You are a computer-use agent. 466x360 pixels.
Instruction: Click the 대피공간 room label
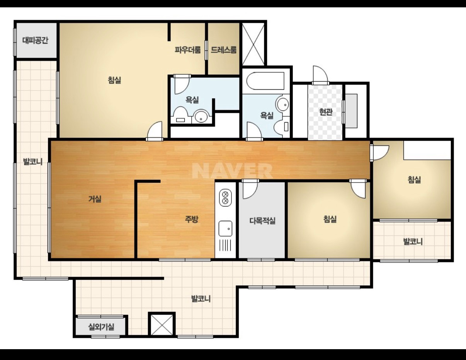pyautogui.click(x=36, y=40)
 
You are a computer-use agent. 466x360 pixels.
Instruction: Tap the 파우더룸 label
pyautogui.click(x=188, y=50)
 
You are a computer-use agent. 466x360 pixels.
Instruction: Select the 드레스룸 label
pyautogui.click(x=224, y=50)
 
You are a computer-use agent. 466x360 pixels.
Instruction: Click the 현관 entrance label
pyautogui.click(x=326, y=112)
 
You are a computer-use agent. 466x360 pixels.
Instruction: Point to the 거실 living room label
pyautogui.click(x=95, y=199)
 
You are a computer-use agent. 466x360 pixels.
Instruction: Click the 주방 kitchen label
pyautogui.click(x=192, y=219)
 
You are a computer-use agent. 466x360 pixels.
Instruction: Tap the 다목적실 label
pyautogui.click(x=262, y=220)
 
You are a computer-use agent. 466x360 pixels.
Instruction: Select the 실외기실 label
pyautogui.click(x=101, y=327)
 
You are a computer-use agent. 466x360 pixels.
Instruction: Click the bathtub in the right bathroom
pyautogui.click(x=265, y=81)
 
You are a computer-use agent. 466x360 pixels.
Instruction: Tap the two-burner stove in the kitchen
pyautogui.click(x=225, y=198)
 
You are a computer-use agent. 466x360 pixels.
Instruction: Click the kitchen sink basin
pyautogui.click(x=225, y=229)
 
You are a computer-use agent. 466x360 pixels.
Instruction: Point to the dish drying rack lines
pyautogui.click(x=225, y=245)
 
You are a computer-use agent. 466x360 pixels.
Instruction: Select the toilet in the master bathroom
pyautogui.click(x=180, y=115)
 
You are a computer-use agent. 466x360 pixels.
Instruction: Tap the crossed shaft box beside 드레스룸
pyautogui.click(x=253, y=44)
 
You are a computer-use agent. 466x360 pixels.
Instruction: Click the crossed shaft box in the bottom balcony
pyautogui.click(x=162, y=324)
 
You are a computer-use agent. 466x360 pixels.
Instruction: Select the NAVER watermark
pyautogui.click(x=232, y=171)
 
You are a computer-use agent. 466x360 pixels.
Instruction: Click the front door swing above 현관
pyautogui.click(x=320, y=74)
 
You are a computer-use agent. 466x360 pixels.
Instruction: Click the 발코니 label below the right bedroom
pyautogui.click(x=413, y=242)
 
